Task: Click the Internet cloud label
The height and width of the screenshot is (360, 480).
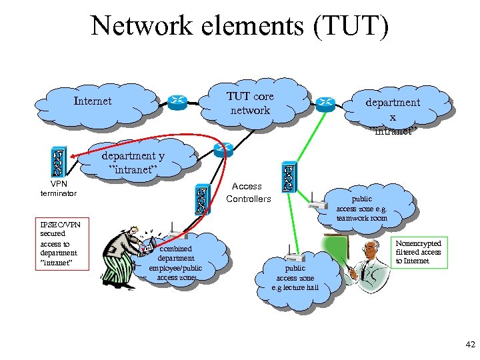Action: (93, 101)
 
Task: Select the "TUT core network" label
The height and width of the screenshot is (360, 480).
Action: (250, 103)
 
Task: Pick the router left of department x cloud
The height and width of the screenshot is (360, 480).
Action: (326, 103)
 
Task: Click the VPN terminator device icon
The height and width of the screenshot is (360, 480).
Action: (58, 162)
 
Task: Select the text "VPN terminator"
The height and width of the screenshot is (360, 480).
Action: (59, 188)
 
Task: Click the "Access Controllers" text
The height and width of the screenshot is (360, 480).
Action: (249, 193)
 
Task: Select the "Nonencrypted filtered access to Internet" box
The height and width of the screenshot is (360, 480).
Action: (419, 252)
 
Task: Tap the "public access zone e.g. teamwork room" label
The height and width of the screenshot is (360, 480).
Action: (362, 209)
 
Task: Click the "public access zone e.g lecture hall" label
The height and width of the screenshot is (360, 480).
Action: (295, 278)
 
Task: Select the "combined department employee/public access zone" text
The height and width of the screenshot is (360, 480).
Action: (176, 263)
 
